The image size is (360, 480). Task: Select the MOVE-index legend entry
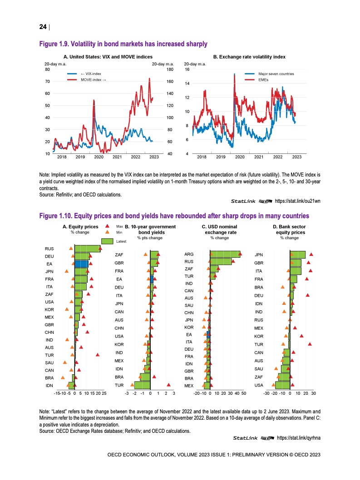click(x=93, y=79)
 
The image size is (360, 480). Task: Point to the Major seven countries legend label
click(x=276, y=73)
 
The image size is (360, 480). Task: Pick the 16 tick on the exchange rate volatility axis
click(x=187, y=69)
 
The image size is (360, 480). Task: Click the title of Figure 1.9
click(x=123, y=44)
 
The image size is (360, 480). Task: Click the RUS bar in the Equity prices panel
click(x=87, y=249)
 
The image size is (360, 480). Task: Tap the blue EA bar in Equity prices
click(x=81, y=264)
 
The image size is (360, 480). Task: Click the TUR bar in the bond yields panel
click(x=142, y=385)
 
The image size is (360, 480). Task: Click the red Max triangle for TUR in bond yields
click(x=168, y=385)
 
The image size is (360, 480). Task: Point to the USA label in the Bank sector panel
click(x=258, y=385)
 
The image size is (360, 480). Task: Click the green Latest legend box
click(x=107, y=241)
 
